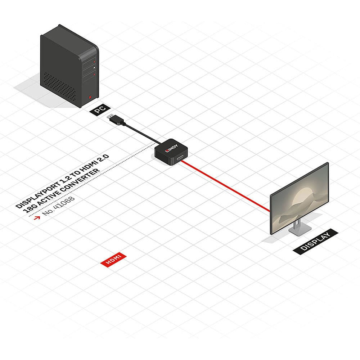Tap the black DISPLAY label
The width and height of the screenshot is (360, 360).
coord(315,241)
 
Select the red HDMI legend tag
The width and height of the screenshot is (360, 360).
coord(113,260)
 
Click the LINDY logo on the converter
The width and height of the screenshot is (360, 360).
coord(171,148)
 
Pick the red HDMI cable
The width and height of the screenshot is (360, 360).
coord(225,186)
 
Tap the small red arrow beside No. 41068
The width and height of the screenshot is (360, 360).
coord(37,217)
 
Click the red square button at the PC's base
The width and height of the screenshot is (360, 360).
coord(90,97)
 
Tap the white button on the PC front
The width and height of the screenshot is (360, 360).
coord(94,68)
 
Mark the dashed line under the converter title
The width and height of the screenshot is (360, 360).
coord(92,179)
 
